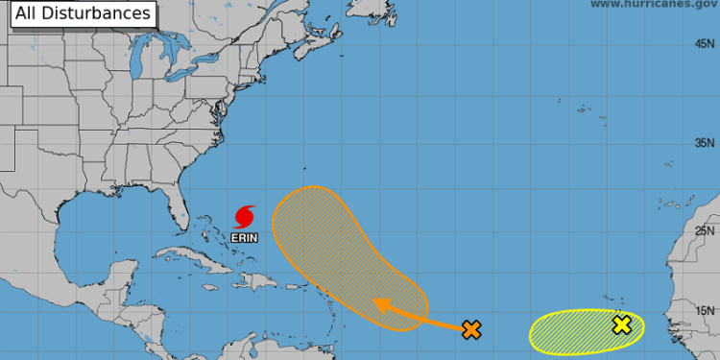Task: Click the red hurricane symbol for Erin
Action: tap(245, 213)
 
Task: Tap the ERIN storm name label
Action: tap(245, 232)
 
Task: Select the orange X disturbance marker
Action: tap(470, 330)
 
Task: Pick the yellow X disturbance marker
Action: tap(622, 324)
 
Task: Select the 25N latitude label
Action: tap(706, 230)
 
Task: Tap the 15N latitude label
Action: tap(706, 309)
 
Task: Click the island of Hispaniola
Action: tap(252, 281)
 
